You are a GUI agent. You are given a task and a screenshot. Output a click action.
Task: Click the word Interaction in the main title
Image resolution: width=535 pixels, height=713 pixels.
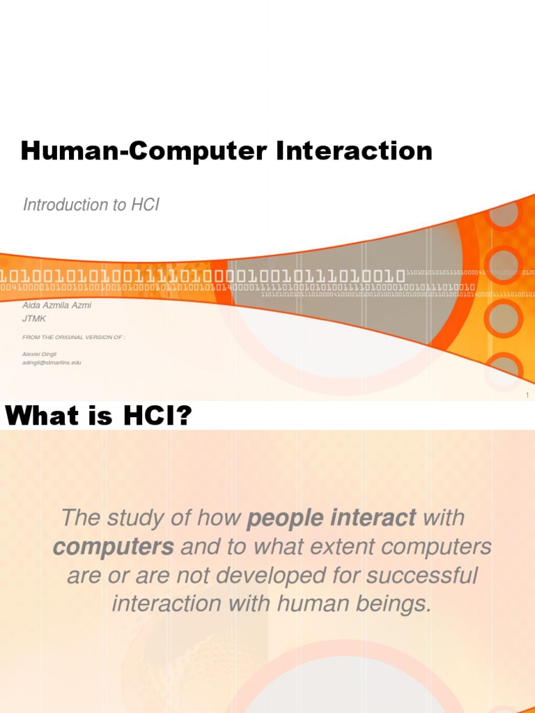tap(354, 150)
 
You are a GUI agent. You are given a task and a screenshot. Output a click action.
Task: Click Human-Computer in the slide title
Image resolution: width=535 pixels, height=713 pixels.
tap(145, 150)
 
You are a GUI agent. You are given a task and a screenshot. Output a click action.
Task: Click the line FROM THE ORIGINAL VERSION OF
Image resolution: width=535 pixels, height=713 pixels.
tap(73, 337)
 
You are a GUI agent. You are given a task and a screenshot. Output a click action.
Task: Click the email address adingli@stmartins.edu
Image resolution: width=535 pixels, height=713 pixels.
tap(52, 363)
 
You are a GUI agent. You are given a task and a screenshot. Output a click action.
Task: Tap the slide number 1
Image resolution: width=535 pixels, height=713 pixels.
tap(528, 395)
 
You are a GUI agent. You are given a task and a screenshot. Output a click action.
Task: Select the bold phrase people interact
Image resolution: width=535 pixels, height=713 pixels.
tap(332, 518)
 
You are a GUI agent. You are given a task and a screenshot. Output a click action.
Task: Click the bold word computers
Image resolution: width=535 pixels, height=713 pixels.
tap(113, 547)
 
